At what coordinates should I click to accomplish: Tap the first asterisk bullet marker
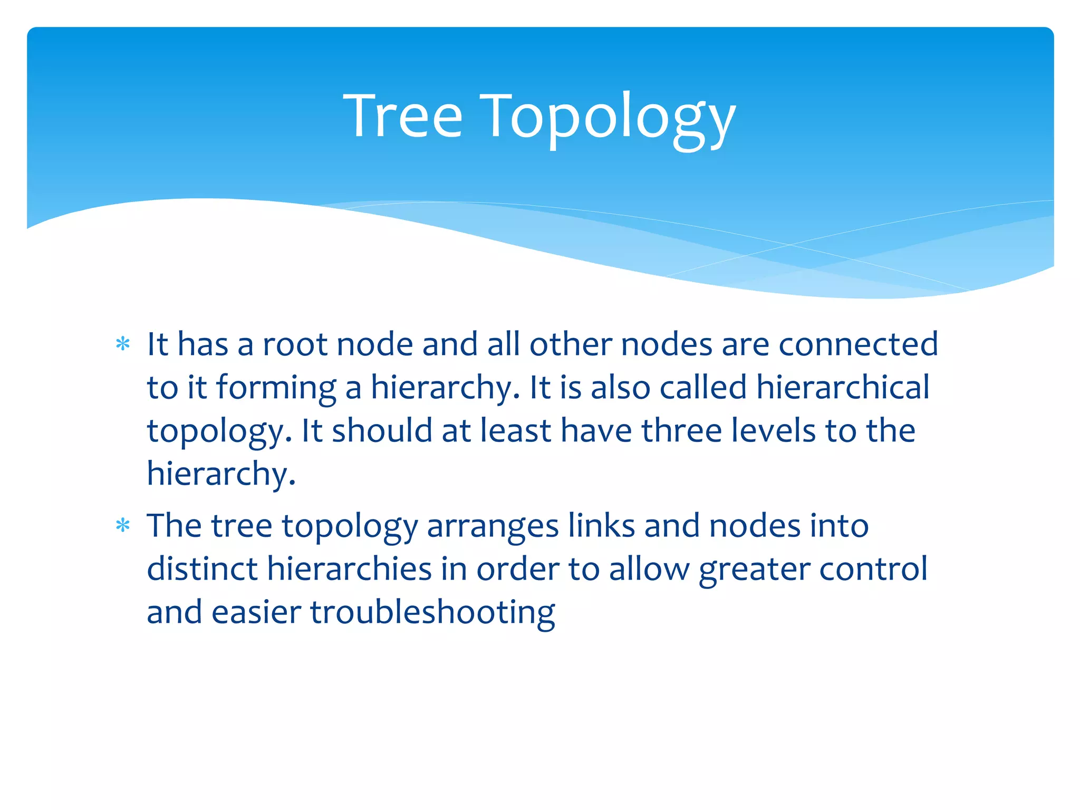coord(123,344)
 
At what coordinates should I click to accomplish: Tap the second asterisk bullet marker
coord(123,526)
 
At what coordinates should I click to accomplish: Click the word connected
coord(858,344)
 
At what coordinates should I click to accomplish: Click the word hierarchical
coord(842,388)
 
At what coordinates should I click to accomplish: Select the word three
coord(681,431)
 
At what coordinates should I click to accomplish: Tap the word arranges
coord(493,527)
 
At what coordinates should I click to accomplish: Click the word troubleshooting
coord(432,613)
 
